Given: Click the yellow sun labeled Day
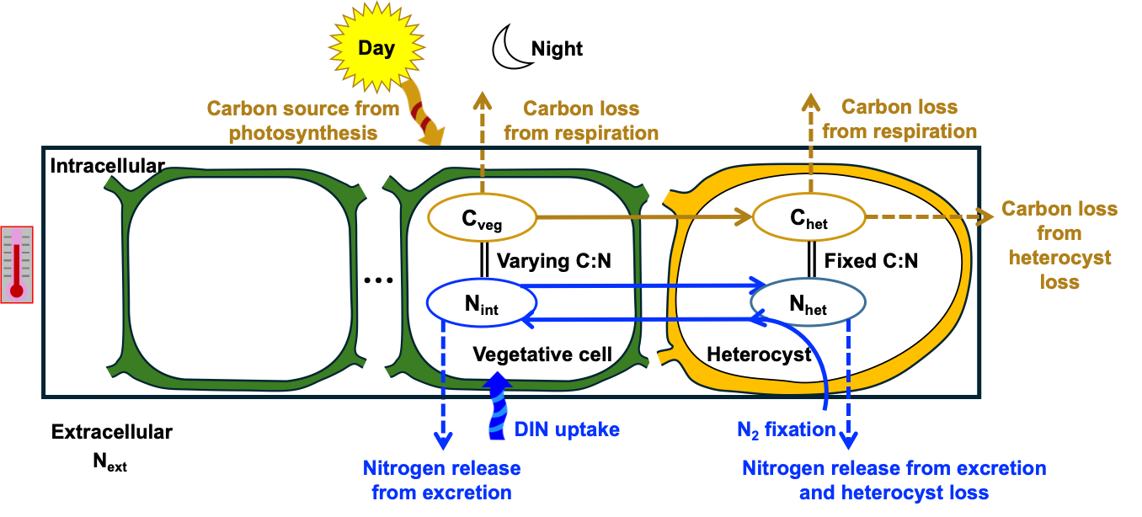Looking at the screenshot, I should pos(375,48).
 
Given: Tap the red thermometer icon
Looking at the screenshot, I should pos(17,264).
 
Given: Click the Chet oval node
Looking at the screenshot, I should pos(808,221).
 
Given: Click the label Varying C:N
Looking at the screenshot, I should pos(553,261).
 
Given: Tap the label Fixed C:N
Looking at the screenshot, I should pos(871,261).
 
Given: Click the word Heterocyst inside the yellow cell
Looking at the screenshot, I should pos(759,354).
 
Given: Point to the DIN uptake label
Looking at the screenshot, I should pos(567,429).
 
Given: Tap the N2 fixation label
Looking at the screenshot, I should pos(786,429).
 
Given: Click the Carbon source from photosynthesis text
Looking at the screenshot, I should pos(302,120).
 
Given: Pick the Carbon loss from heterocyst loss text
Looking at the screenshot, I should pos(1059,245).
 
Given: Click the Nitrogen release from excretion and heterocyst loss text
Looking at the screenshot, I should pos(894,480).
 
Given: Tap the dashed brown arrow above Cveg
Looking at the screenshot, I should pos(483,143).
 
